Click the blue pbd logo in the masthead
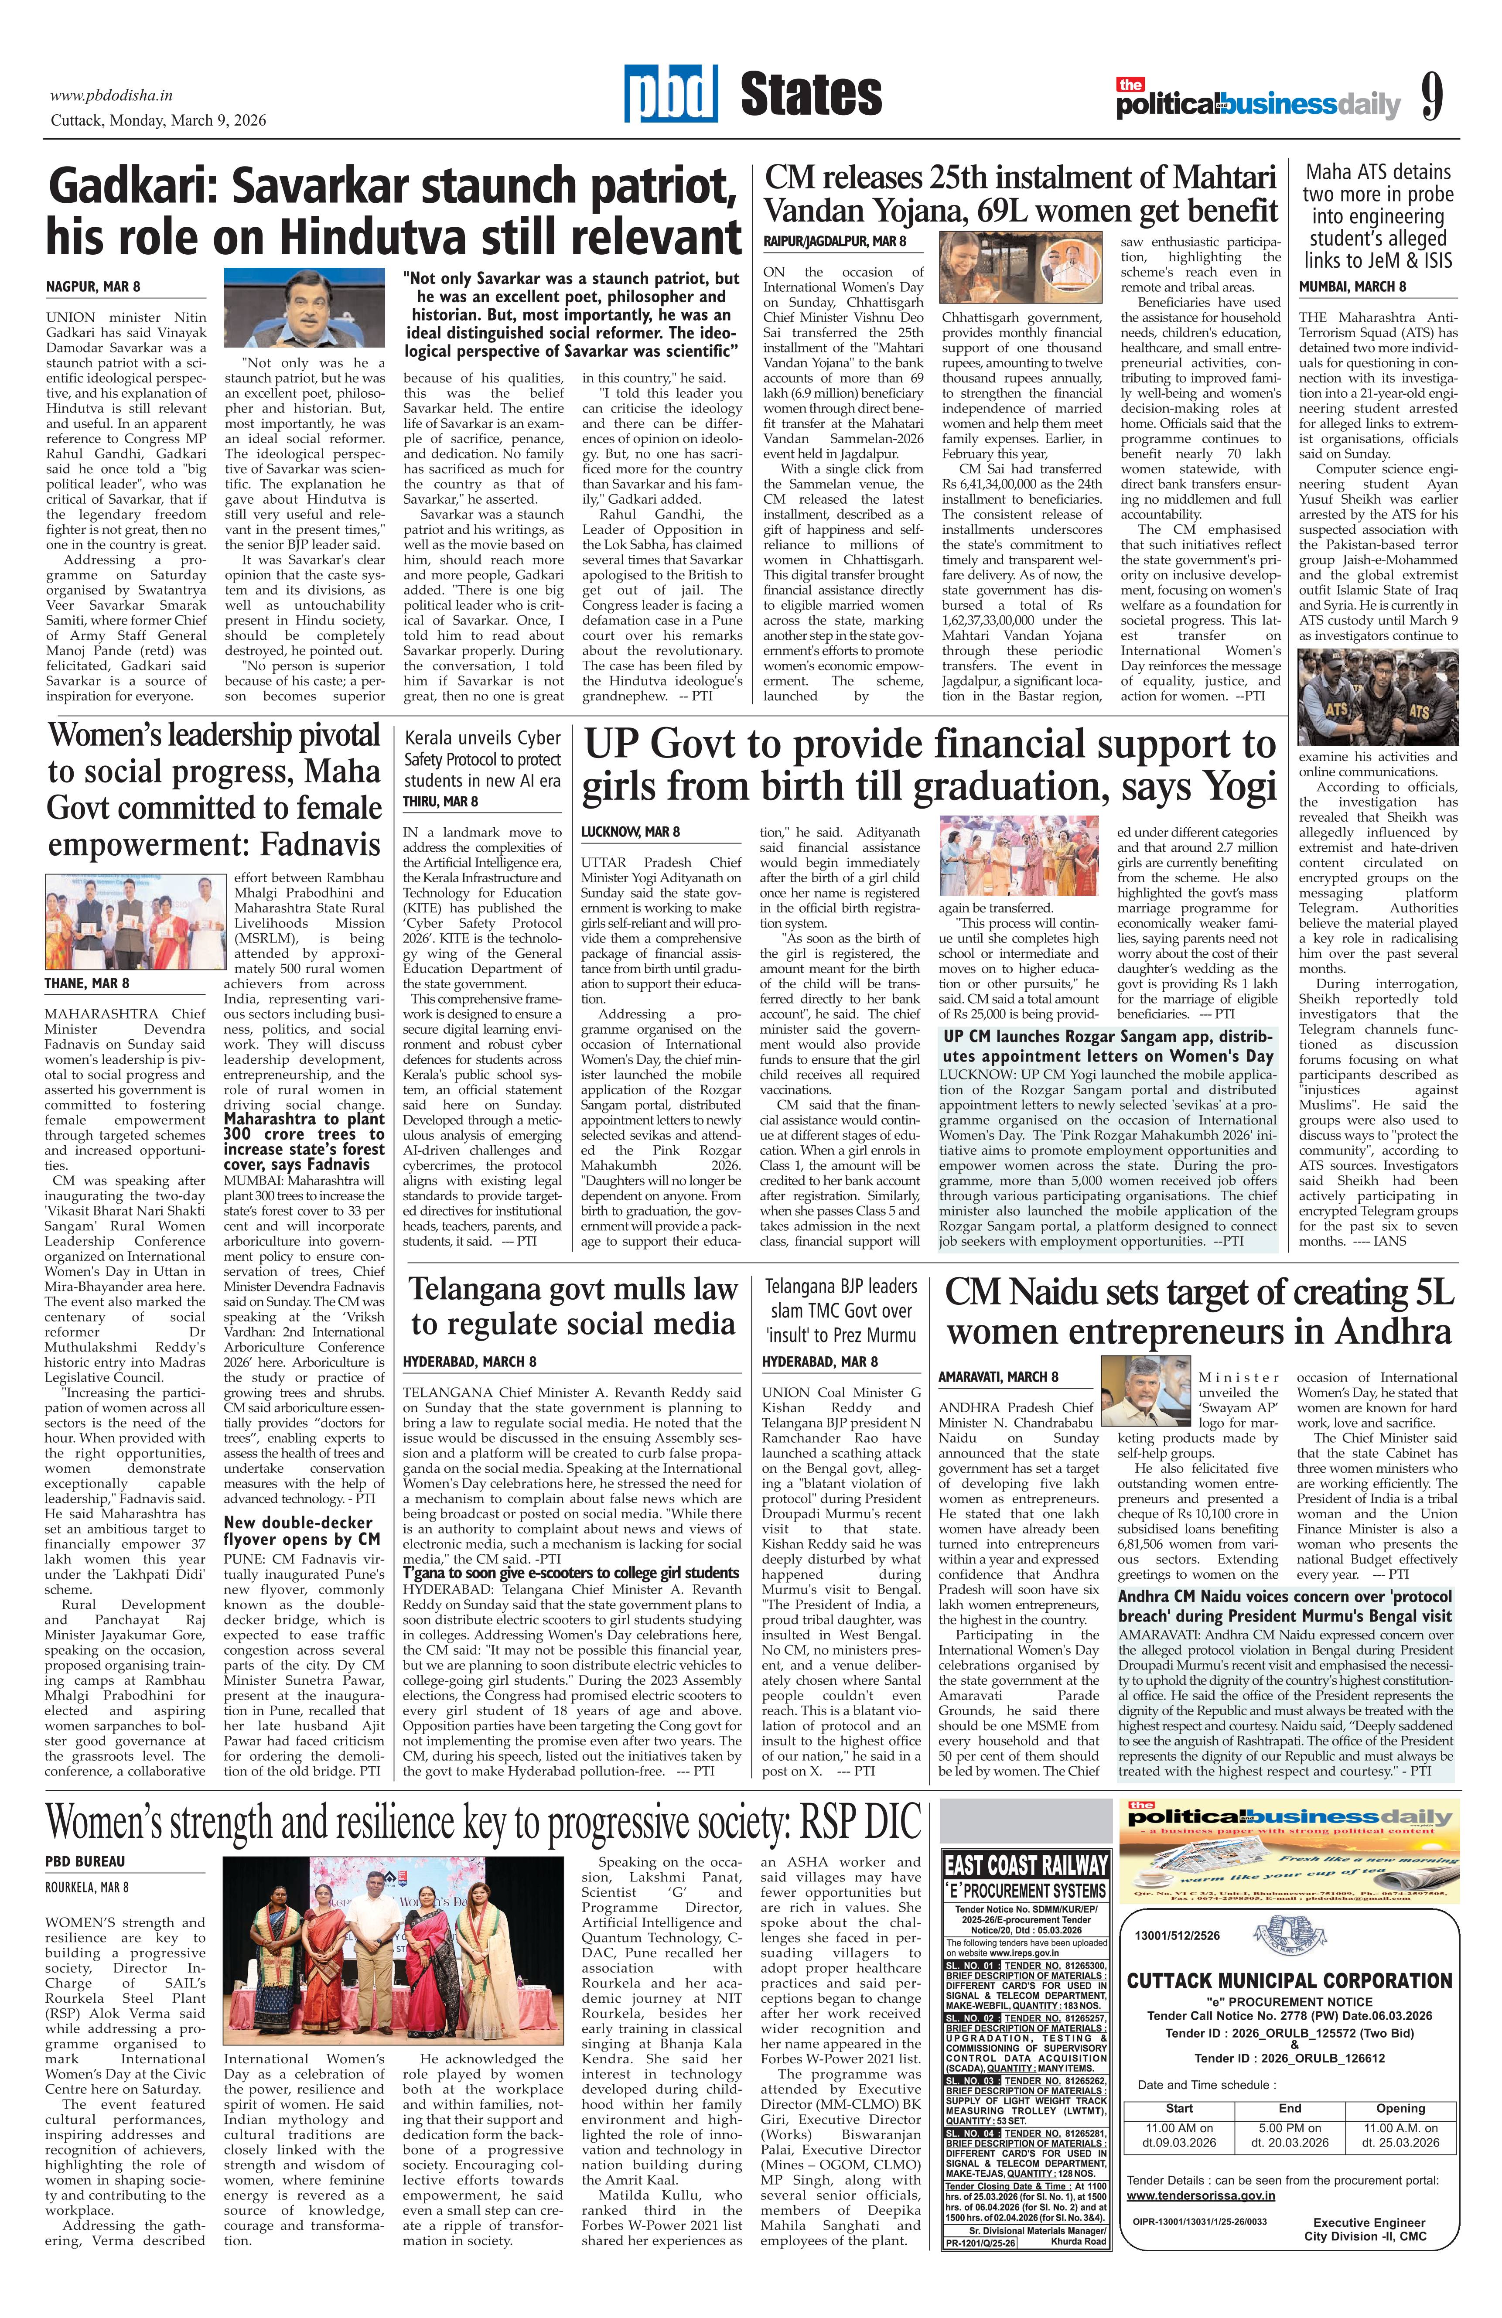[670, 95]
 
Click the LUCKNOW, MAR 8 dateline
[630, 832]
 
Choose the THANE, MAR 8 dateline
[87, 984]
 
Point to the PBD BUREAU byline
[85, 1861]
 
